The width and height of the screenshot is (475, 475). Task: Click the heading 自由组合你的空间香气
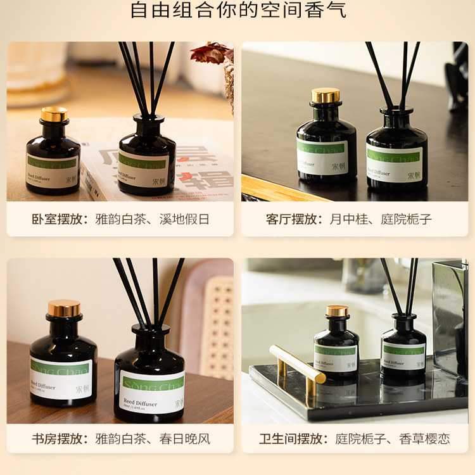tap(237, 11)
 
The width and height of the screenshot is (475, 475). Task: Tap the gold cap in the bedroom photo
tap(54, 115)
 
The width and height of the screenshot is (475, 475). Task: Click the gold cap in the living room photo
tap(326, 96)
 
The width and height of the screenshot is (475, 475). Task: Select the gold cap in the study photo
tap(64, 308)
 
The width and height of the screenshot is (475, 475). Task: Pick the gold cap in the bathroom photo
tap(338, 311)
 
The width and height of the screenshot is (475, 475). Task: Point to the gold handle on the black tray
tap(297, 365)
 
